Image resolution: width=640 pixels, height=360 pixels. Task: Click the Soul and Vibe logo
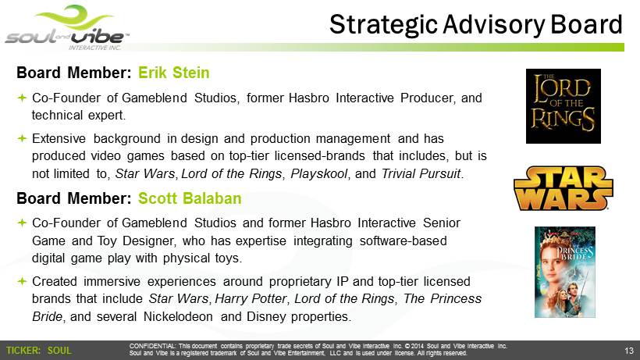(67, 28)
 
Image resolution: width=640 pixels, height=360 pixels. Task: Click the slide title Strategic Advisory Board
(476, 24)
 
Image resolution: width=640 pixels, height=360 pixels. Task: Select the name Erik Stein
(174, 73)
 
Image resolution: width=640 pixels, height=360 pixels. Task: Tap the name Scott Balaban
(190, 198)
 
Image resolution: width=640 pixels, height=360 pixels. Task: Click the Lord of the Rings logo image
(564, 106)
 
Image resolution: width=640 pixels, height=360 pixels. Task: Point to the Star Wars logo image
(564, 188)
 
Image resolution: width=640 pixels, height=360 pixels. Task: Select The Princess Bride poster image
(565, 273)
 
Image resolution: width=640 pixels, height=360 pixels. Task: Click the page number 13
(628, 351)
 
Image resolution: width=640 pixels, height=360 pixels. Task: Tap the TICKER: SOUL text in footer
(39, 351)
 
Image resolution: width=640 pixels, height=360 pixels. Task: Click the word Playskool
(318, 174)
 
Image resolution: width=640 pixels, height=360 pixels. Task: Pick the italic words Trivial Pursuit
(421, 174)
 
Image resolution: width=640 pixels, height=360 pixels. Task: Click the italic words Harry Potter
(251, 299)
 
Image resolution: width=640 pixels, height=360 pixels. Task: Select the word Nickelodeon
(178, 317)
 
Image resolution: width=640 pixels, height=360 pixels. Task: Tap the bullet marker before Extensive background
(22, 139)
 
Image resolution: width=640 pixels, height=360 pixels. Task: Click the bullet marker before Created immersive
(22, 281)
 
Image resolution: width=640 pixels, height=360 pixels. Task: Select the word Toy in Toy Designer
(107, 241)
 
